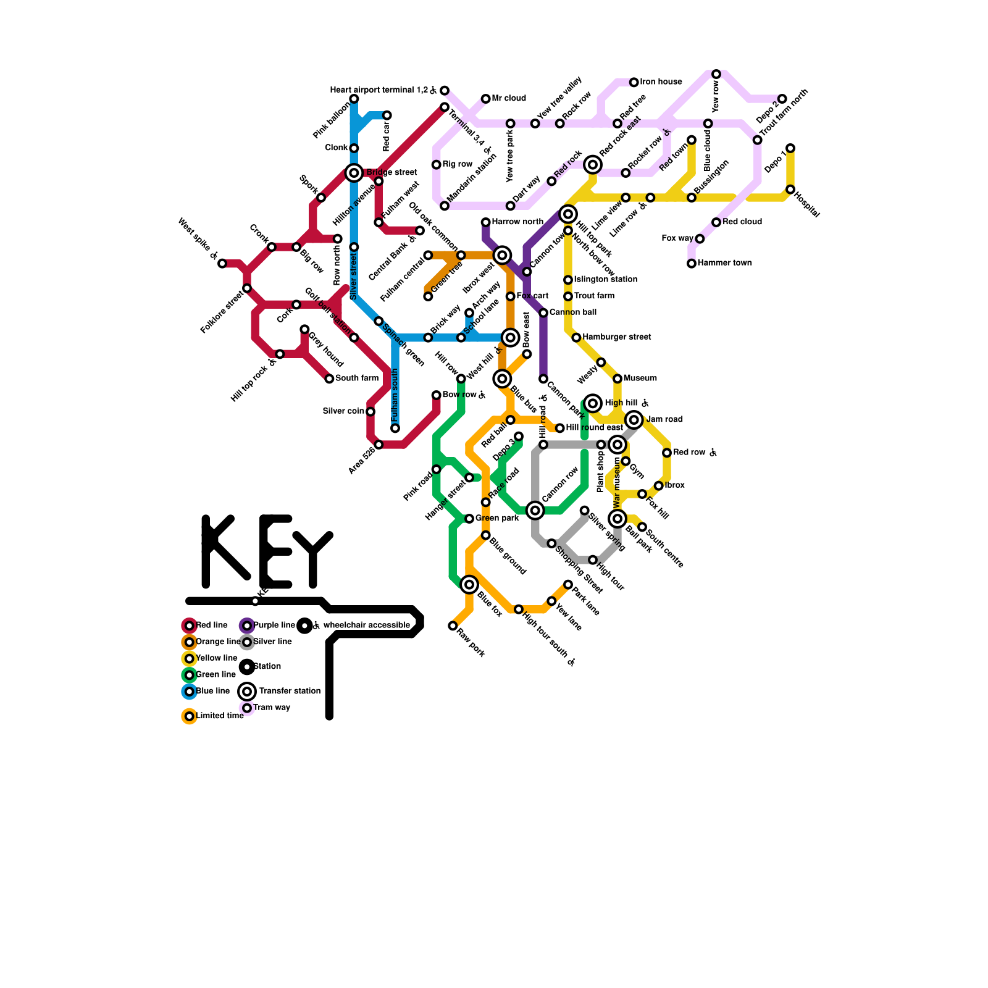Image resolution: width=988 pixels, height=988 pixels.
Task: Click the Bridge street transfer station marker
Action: (x=354, y=173)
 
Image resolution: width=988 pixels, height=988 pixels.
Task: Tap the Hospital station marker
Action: (x=790, y=190)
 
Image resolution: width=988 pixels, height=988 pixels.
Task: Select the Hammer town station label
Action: (x=724, y=263)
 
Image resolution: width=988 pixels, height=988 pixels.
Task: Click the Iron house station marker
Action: (x=634, y=82)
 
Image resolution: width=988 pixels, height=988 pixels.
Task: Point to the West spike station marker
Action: (x=222, y=264)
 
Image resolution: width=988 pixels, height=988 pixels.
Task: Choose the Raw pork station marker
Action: (x=453, y=626)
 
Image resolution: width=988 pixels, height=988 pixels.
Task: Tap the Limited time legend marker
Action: (x=190, y=716)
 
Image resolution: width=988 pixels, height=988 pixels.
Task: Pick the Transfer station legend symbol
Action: (x=247, y=692)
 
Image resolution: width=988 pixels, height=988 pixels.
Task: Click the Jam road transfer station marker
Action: (x=634, y=420)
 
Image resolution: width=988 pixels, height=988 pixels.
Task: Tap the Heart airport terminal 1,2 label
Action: (x=379, y=90)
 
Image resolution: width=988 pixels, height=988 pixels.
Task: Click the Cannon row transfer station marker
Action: (x=535, y=511)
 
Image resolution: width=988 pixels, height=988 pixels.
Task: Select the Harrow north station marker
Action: (x=486, y=222)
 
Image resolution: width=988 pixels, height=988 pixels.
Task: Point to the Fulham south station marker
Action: (x=395, y=429)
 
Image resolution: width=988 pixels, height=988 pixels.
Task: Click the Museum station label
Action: (x=640, y=379)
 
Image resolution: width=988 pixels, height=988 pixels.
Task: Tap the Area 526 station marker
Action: (x=379, y=445)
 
